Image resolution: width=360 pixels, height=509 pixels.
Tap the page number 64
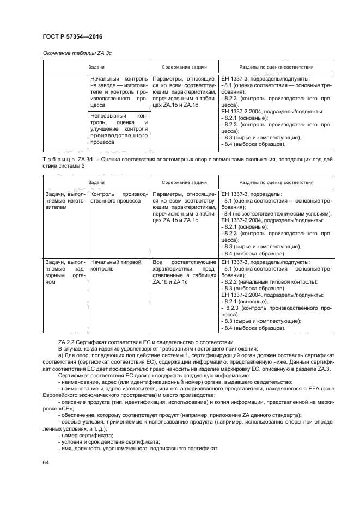pyautogui.click(x=45, y=462)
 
